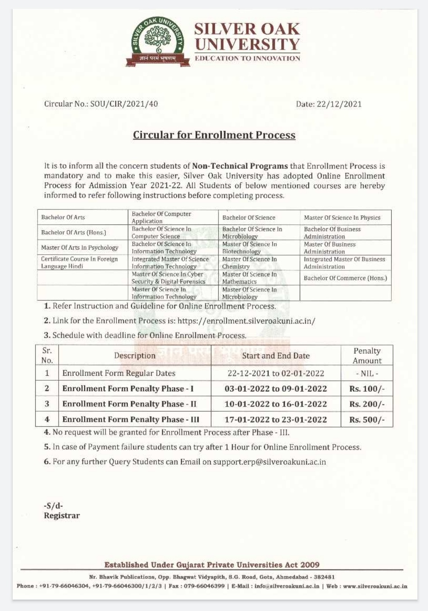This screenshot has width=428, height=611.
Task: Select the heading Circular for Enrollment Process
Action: tap(214, 135)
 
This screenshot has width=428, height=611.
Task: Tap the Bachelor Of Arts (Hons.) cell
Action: tap(74, 232)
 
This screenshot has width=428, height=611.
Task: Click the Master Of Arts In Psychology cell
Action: tap(80, 248)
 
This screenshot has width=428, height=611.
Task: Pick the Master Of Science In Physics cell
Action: tap(342, 218)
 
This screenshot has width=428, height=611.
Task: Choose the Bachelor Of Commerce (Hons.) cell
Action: tap(345, 278)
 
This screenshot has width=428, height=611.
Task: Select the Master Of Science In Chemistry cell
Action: tap(249, 263)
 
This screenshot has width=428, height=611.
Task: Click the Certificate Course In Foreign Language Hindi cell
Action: tap(79, 263)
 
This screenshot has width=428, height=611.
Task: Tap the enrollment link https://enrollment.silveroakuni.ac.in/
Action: tap(246, 321)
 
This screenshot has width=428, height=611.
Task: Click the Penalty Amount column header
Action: tap(367, 355)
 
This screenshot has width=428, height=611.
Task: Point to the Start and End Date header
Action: tap(276, 355)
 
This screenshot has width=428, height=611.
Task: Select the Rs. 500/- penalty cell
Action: tap(366, 420)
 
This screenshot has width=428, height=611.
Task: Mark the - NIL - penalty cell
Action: tap(366, 373)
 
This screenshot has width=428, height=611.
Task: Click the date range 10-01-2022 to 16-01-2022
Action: tap(276, 404)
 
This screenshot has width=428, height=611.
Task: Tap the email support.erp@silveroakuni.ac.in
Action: tap(269, 462)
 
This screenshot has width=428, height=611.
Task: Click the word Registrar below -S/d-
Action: tap(62, 515)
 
